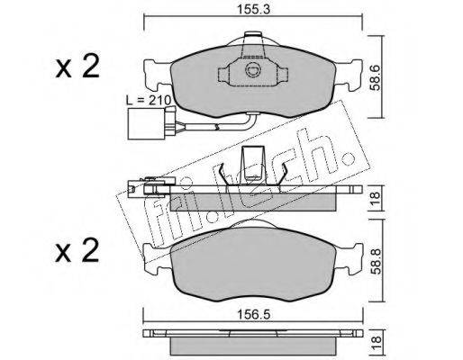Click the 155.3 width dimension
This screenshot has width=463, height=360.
point(254,9)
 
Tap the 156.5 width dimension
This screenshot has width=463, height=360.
point(254,315)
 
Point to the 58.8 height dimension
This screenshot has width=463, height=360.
point(376,261)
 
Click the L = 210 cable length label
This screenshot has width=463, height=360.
point(149,100)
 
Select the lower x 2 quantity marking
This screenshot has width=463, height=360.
point(77,250)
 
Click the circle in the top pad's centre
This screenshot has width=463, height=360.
point(252,70)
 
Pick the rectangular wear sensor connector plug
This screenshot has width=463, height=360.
point(146,123)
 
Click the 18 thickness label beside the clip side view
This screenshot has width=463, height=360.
point(376,198)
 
